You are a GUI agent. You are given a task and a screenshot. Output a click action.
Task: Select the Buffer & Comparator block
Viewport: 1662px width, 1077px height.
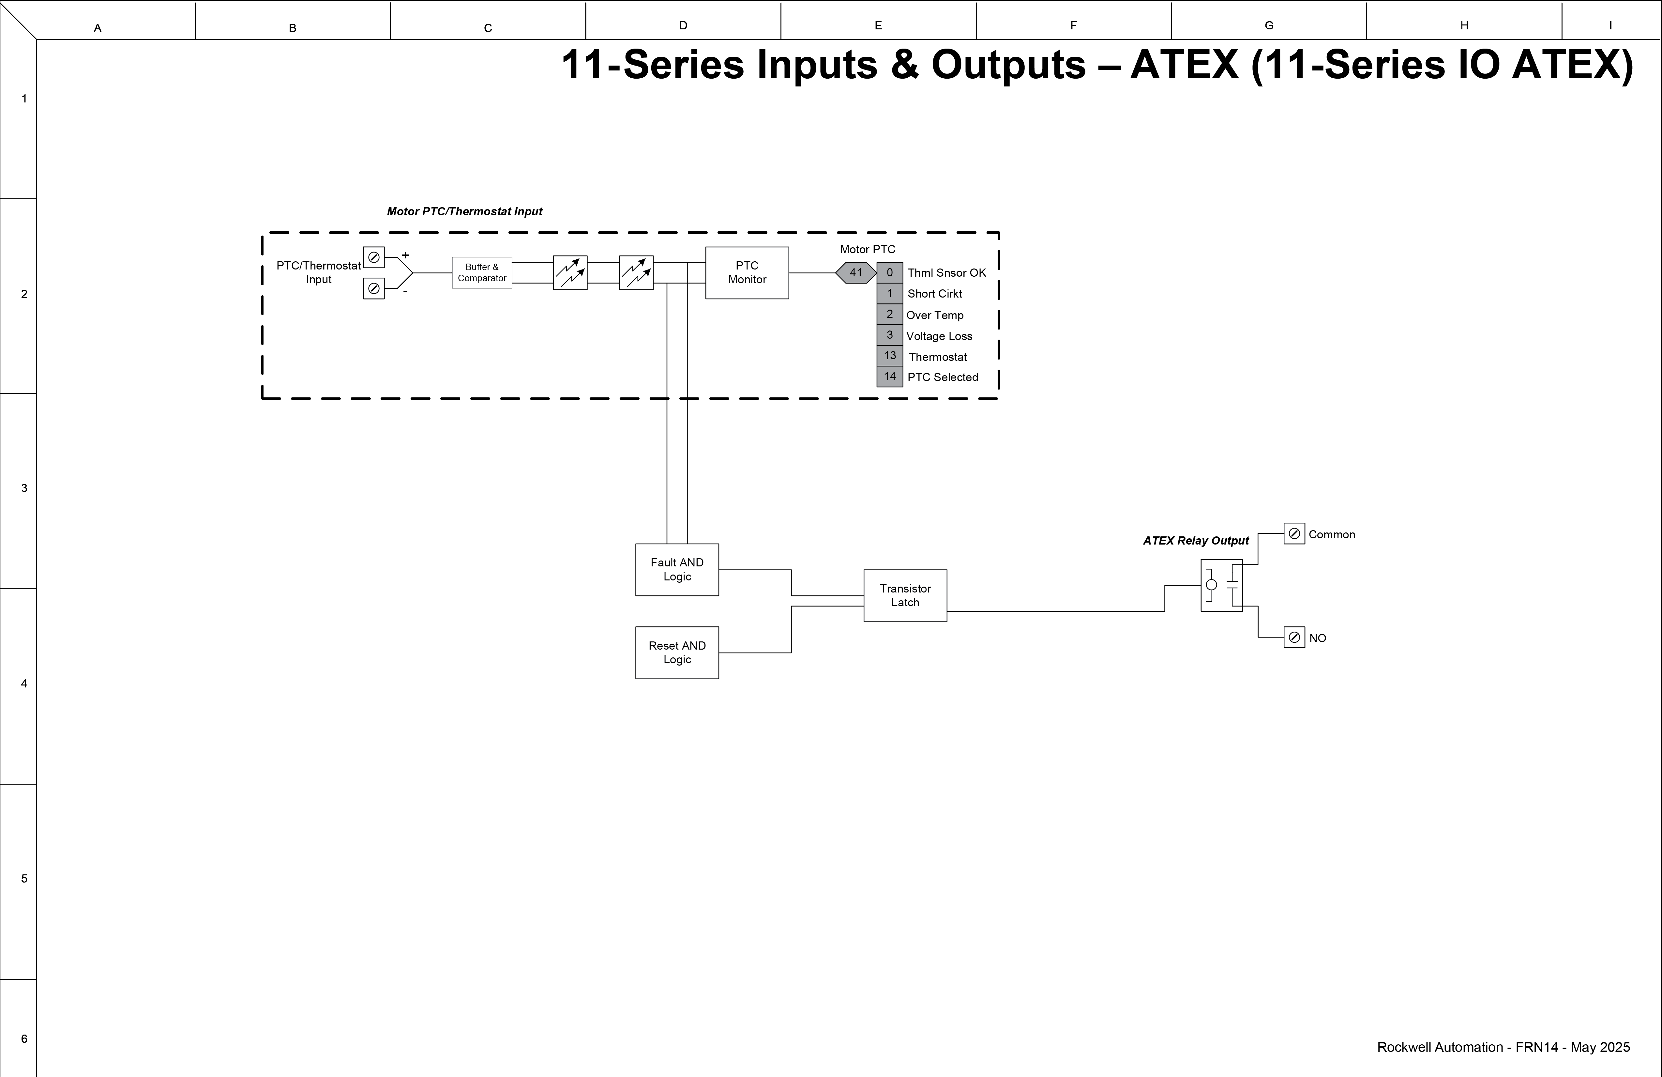(x=482, y=272)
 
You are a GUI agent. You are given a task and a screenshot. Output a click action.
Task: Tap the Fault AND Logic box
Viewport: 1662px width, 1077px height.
(x=677, y=569)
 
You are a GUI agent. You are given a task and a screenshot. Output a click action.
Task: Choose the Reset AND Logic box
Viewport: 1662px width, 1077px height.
(x=677, y=652)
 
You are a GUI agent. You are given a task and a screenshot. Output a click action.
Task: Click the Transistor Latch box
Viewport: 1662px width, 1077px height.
(x=905, y=595)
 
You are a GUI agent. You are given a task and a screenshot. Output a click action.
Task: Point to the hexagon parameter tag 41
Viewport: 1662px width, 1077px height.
(x=855, y=272)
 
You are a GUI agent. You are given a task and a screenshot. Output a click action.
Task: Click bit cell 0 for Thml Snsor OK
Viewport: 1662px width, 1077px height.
(x=890, y=272)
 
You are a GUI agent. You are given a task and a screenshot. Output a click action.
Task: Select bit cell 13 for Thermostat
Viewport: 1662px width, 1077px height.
(x=890, y=356)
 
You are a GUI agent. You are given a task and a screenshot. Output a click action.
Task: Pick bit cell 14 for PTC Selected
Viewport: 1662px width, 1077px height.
(x=890, y=377)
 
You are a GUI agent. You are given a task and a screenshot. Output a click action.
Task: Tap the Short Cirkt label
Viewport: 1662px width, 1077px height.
(x=934, y=293)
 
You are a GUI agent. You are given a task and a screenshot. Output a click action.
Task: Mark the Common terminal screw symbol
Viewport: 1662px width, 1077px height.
(x=1294, y=534)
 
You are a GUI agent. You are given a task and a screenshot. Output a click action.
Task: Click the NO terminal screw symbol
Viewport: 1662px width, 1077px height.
(x=1294, y=637)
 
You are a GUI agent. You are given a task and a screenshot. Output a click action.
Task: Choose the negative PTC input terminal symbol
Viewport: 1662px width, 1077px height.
(x=374, y=288)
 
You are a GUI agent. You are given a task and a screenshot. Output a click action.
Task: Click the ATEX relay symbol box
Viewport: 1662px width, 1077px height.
(x=1221, y=585)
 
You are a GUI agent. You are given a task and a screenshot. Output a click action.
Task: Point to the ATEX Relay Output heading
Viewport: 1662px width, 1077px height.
(x=1196, y=541)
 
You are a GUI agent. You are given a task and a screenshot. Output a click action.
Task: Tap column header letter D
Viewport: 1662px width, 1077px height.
(x=683, y=26)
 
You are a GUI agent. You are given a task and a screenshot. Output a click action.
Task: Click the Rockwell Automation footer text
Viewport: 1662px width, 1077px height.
(x=1503, y=1047)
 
